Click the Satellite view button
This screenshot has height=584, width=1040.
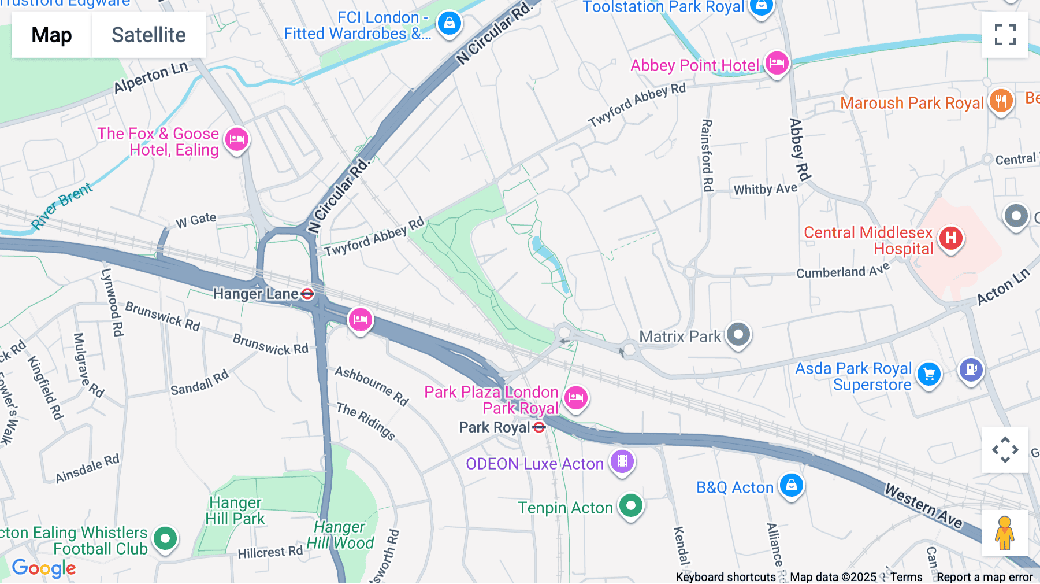click(148, 35)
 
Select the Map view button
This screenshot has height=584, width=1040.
click(51, 35)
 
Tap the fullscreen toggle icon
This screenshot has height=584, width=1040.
click(1005, 35)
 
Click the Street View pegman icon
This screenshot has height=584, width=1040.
click(1005, 533)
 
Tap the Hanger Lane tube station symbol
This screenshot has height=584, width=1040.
click(307, 294)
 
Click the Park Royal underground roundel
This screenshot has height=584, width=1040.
click(539, 427)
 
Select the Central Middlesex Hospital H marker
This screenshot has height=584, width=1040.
click(950, 238)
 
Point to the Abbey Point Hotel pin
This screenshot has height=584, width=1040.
click(777, 62)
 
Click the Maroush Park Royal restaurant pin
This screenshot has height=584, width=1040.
click(1001, 101)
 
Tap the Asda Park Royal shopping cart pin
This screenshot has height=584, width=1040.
click(929, 374)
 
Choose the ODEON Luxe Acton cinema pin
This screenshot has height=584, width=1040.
click(622, 461)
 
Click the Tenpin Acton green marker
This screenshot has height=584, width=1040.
click(631, 505)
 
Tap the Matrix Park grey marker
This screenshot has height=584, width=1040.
click(738, 334)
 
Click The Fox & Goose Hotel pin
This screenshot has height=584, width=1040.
click(237, 139)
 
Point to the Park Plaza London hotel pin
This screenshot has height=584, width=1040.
click(575, 397)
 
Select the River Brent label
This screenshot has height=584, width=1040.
click(61, 206)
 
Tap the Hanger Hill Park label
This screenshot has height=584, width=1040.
click(235, 511)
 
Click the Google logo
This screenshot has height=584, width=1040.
click(44, 568)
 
